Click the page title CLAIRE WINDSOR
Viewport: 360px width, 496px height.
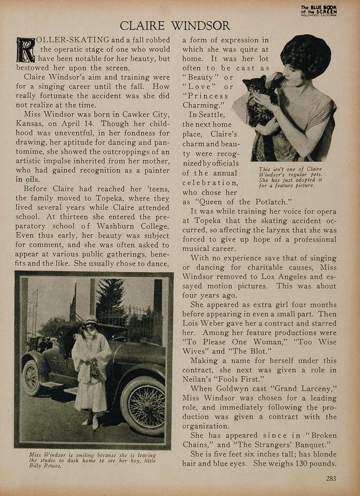coord(175,25)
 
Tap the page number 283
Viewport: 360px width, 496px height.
coord(331,478)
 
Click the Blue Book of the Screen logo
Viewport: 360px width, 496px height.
coord(319,10)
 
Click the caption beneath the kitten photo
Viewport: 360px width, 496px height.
coord(290,177)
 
